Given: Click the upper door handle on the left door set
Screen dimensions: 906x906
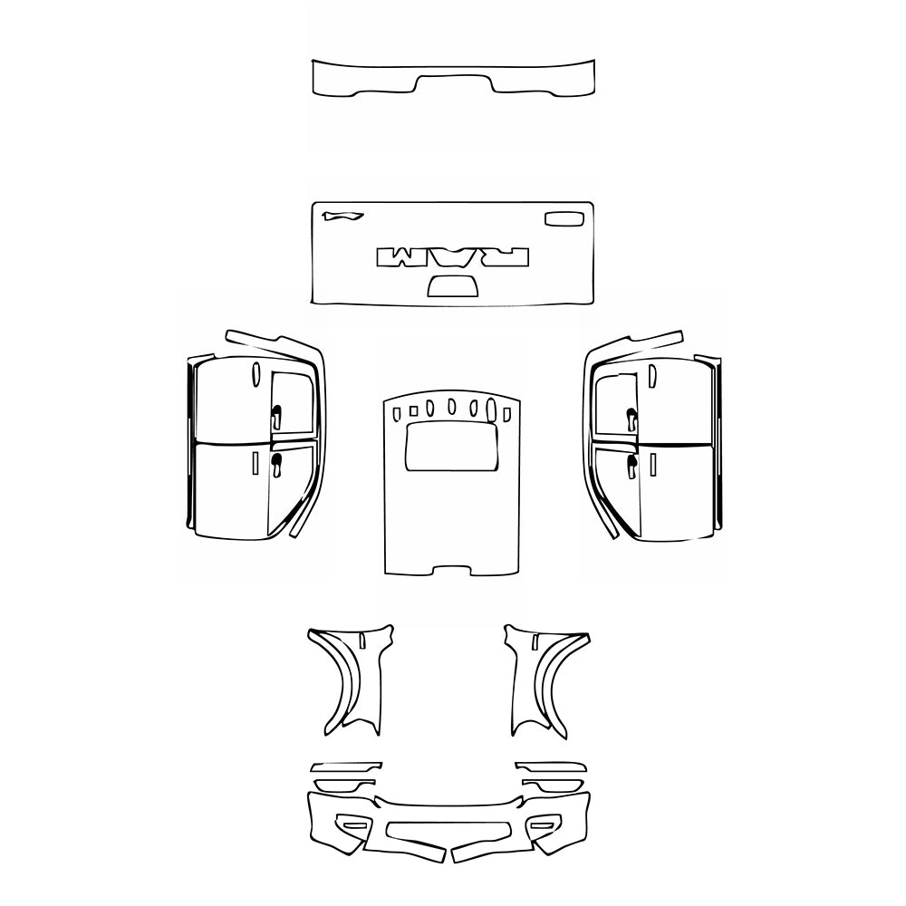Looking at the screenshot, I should (276, 416).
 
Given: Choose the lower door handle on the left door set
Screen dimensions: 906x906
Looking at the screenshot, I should (276, 465).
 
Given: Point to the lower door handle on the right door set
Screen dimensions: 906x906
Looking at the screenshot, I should (631, 465).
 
